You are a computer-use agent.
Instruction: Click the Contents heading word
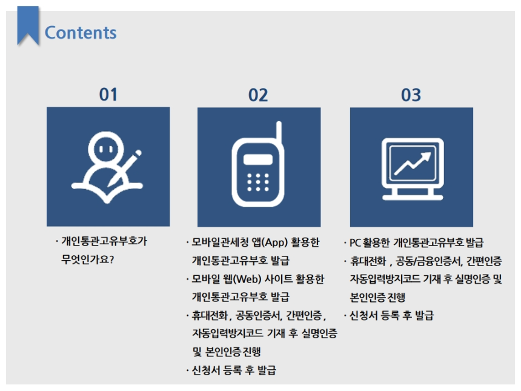tap(81, 32)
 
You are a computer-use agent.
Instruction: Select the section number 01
tap(108, 95)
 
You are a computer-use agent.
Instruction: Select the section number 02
tap(258, 95)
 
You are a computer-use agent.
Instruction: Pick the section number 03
tap(411, 95)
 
